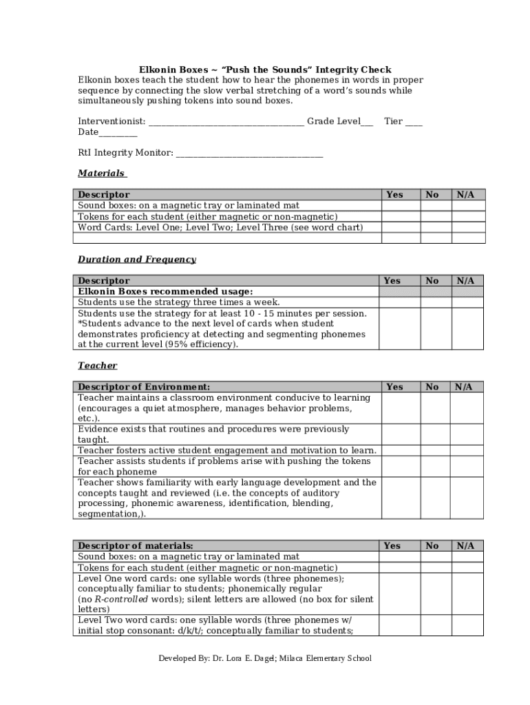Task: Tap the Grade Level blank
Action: (x=367, y=123)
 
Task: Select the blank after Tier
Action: (x=414, y=123)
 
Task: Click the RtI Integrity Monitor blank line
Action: (x=249, y=154)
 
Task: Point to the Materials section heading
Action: (x=101, y=173)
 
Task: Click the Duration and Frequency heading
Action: (x=137, y=260)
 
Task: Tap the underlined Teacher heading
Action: (x=97, y=366)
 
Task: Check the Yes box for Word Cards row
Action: (x=401, y=227)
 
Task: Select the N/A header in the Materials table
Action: (x=466, y=195)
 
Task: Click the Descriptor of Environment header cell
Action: (x=144, y=387)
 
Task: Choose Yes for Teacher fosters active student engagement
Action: (x=401, y=450)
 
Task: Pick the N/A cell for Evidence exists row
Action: (x=466, y=434)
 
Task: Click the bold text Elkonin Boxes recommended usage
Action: (x=165, y=291)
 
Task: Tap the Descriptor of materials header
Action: (x=136, y=546)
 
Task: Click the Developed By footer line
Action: (x=265, y=658)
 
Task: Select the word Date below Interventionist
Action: (x=88, y=132)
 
